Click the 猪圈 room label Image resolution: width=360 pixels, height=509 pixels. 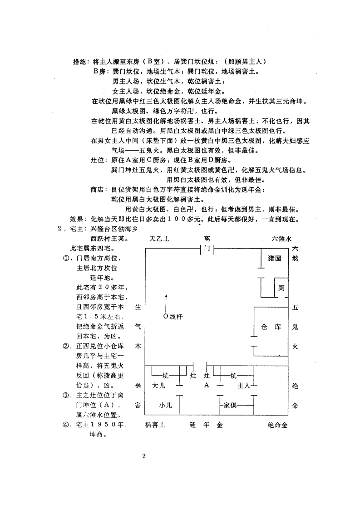[x=274, y=259]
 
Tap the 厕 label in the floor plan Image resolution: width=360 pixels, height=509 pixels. [x=281, y=288]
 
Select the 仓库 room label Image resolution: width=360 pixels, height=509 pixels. [x=271, y=327]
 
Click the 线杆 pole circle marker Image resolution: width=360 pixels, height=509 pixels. [x=166, y=316]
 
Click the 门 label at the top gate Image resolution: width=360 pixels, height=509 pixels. [x=207, y=250]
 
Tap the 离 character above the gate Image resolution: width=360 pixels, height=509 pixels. [x=207, y=239]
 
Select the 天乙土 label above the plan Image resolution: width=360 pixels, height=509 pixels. [x=159, y=239]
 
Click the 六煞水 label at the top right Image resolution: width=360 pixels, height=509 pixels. [x=281, y=239]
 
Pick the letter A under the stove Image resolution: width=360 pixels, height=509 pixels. [x=206, y=385]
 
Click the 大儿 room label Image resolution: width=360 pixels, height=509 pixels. [x=159, y=386]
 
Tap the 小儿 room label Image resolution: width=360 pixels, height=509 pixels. [x=165, y=405]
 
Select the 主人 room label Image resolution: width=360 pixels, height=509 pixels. [x=244, y=386]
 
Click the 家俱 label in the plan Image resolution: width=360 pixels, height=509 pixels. [x=230, y=405]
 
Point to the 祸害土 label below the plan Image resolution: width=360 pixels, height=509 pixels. [x=155, y=425]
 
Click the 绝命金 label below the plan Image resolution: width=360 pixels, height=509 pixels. [x=277, y=425]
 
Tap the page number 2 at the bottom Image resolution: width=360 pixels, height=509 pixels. [x=144, y=456]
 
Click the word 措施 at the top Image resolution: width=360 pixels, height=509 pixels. [x=79, y=62]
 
